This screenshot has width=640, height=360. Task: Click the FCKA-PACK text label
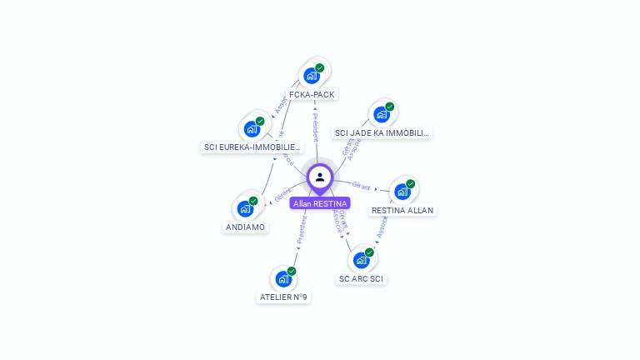click(x=312, y=94)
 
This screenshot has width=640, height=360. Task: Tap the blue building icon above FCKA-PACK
click(x=311, y=76)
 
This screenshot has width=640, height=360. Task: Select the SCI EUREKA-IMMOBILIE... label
click(x=252, y=147)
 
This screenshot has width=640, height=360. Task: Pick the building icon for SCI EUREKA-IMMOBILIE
click(x=251, y=129)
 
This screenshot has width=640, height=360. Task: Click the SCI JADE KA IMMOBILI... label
click(x=382, y=132)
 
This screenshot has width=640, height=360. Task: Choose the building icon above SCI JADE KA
click(x=381, y=114)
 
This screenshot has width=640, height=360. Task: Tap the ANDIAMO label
click(x=245, y=227)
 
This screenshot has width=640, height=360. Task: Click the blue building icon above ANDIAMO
click(x=246, y=207)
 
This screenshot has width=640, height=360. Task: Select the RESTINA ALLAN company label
click(x=402, y=210)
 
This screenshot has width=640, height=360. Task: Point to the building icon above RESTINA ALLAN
click(x=402, y=192)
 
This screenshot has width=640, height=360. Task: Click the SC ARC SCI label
click(x=362, y=278)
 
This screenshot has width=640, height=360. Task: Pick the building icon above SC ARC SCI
click(x=361, y=259)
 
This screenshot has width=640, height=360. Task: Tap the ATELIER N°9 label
click(x=283, y=297)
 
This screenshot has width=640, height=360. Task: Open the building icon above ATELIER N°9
click(x=283, y=278)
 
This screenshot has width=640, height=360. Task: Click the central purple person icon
click(x=320, y=177)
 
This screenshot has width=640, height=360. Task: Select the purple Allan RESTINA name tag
click(x=320, y=202)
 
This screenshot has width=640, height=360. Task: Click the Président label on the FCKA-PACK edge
click(x=315, y=127)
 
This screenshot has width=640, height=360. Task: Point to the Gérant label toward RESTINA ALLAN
click(x=361, y=185)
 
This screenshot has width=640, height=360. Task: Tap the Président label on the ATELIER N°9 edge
click(x=302, y=231)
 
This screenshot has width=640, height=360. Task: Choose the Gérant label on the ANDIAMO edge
click(x=282, y=194)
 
